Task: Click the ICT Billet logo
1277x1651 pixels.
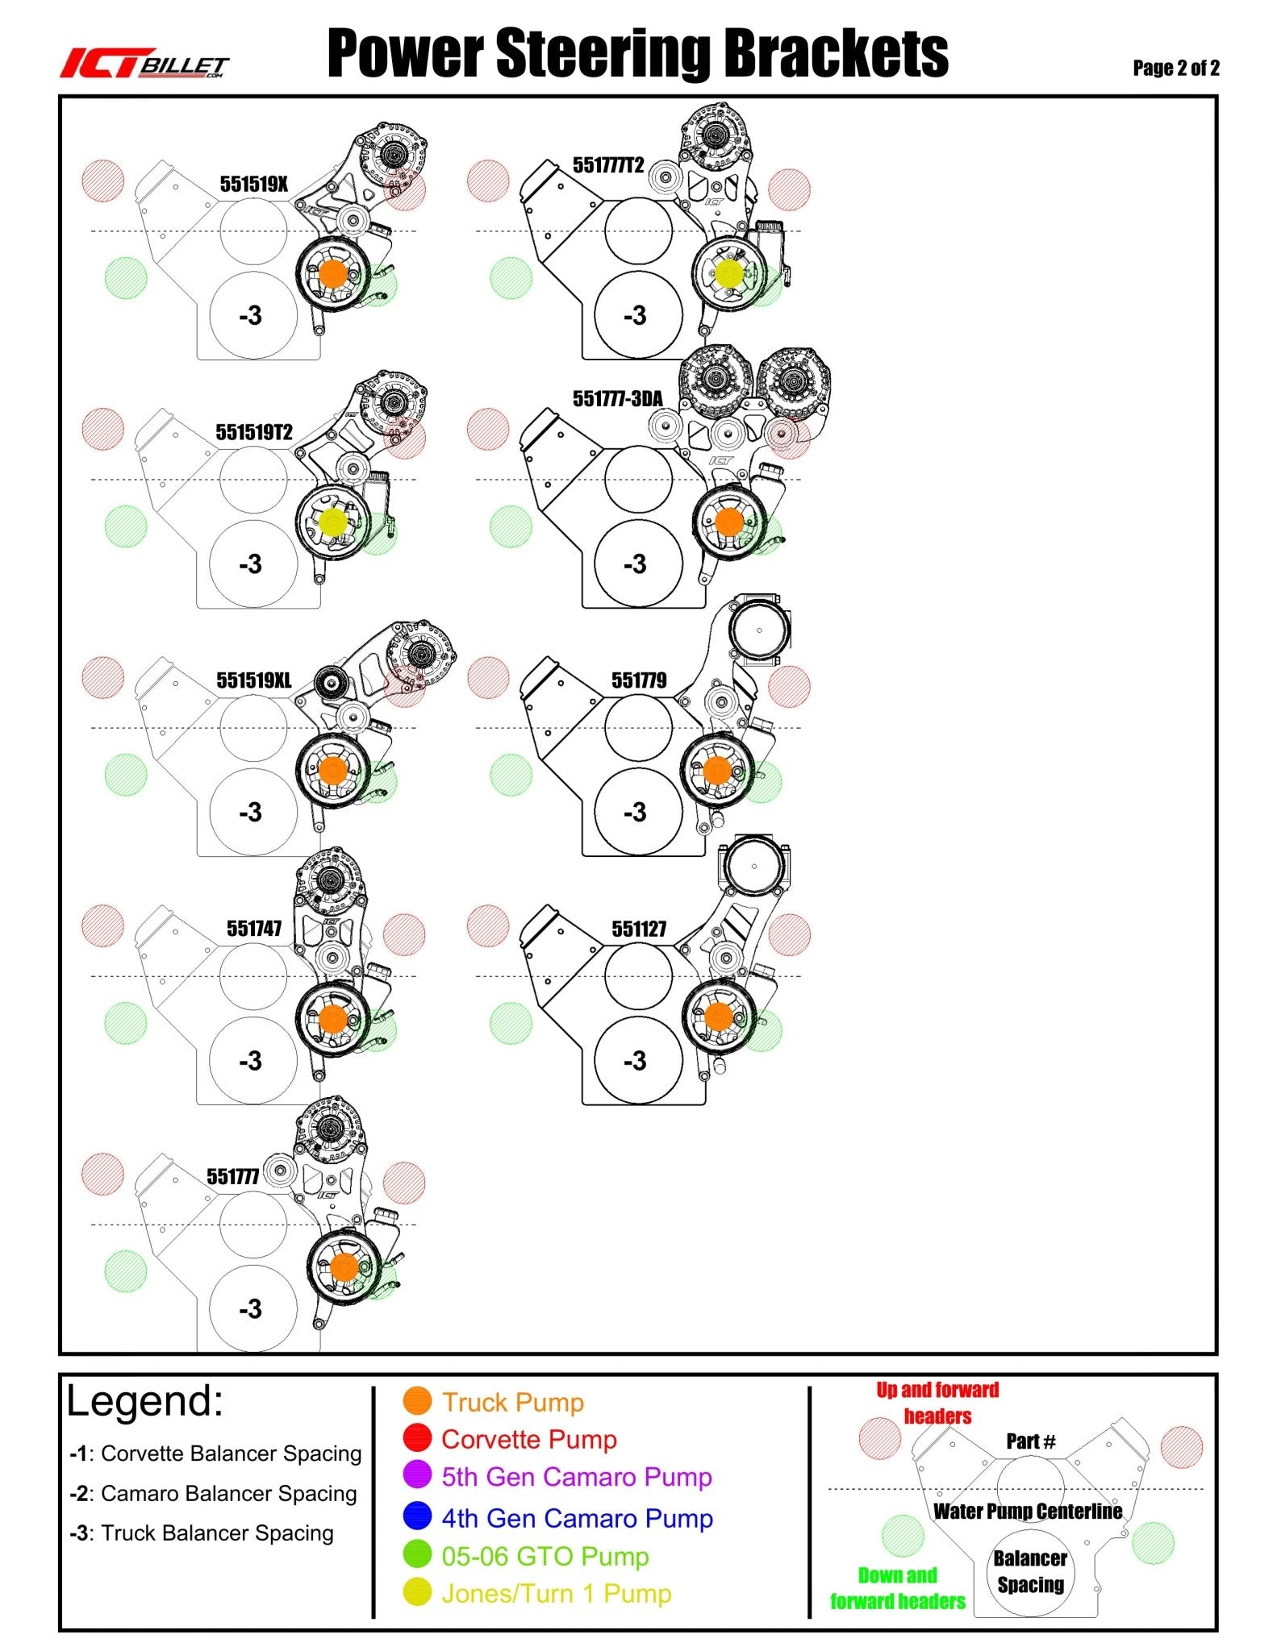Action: click(144, 64)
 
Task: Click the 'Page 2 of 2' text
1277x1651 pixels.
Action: click(1175, 68)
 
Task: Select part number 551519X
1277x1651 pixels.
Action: click(254, 185)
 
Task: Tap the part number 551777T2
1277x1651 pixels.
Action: click(608, 165)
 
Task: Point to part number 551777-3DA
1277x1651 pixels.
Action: click(618, 398)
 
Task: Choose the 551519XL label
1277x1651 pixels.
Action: click(254, 680)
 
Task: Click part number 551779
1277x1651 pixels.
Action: click(639, 680)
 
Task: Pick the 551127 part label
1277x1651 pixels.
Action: click(639, 929)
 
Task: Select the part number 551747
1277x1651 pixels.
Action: click(254, 929)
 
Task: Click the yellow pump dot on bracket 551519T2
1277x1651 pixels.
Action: click(332, 522)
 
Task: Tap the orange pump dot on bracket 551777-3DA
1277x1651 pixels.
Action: click(728, 522)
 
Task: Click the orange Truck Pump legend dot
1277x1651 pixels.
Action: click(417, 1401)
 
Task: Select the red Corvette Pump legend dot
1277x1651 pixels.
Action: click(417, 1438)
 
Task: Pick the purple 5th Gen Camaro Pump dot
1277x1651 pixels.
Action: click(417, 1475)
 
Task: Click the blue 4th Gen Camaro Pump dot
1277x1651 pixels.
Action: click(417, 1516)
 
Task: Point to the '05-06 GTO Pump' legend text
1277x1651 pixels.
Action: click(545, 1556)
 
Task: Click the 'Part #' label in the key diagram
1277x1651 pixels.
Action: click(1031, 1441)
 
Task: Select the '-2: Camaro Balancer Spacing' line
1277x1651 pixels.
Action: click(213, 1494)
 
